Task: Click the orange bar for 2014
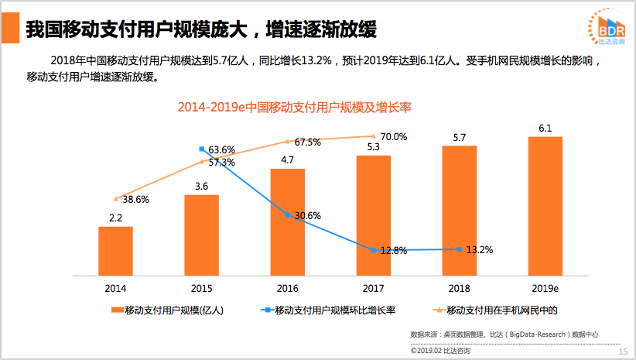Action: (115, 251)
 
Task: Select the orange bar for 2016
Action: (287, 221)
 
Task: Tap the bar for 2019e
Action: (545, 206)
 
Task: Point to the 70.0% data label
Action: (393, 137)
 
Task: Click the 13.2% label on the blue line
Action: (479, 249)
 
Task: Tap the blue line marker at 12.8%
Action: (374, 250)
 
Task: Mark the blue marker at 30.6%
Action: (288, 215)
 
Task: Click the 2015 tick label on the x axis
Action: (201, 288)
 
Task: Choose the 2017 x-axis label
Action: (373, 288)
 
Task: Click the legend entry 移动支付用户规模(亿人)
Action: (168, 310)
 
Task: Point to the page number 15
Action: (623, 351)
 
